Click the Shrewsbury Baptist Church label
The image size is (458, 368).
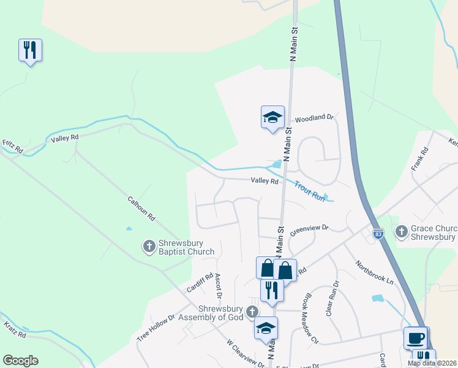(186, 247)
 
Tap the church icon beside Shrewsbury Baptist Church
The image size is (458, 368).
(149, 247)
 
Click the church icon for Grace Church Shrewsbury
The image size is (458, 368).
(401, 232)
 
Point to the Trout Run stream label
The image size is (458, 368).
(309, 190)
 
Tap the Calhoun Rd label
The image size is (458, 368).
(141, 209)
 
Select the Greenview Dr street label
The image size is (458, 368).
(309, 228)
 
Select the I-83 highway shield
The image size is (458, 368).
(378, 234)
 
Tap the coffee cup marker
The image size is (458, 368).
(416, 337)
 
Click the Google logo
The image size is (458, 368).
(20, 361)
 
